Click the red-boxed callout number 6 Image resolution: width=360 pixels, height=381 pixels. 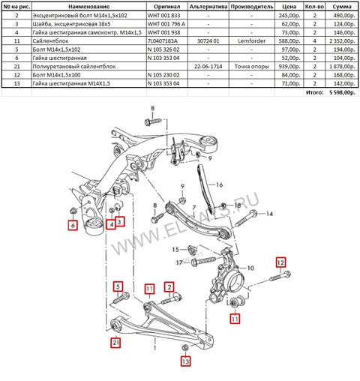[72, 224]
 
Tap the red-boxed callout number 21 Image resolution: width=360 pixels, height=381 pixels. [115, 343]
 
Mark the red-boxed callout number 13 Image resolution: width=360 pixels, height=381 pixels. [185, 361]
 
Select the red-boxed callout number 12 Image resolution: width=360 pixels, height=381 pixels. [280, 262]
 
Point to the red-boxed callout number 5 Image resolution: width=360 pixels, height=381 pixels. [118, 286]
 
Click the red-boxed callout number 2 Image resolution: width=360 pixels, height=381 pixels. [169, 286]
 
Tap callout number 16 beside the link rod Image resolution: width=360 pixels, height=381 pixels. [220, 184]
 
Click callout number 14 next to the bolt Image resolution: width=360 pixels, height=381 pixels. [271, 214]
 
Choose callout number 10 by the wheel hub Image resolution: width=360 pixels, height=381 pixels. [251, 266]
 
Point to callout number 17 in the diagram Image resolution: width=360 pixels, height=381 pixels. [179, 262]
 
